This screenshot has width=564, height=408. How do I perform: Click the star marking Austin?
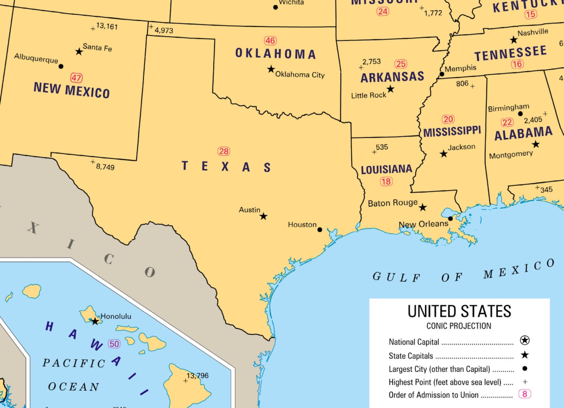coord(263,216)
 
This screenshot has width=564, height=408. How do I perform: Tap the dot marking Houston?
coord(320,230)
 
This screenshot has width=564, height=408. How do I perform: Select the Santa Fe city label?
coord(97,47)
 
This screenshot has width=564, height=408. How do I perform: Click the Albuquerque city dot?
coord(61,66)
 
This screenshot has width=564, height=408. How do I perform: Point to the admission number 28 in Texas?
coord(224,151)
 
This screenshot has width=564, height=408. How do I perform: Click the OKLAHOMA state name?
coord(276,54)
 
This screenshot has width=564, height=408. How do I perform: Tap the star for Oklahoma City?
coord(271,69)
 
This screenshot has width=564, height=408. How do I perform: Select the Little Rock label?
coord(368,95)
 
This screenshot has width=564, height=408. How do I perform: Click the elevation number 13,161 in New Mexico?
coord(107,26)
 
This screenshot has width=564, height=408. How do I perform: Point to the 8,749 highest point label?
coord(105,167)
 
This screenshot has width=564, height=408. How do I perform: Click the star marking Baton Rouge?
coord(423,207)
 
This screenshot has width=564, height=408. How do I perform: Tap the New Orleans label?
coord(423,224)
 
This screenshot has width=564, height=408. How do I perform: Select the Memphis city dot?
coord(442,74)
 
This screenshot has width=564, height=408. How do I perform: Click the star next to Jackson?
coord(444,154)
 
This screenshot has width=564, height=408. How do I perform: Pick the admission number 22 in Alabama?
coord(507,123)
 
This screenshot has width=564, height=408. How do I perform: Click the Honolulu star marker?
coord(95,321)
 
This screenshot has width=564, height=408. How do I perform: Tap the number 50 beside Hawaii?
coord(114,344)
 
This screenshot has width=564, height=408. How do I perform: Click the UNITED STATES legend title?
coord(459,311)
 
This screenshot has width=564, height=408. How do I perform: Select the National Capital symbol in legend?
coord(525,340)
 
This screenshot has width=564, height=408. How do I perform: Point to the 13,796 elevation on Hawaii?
coord(198,375)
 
